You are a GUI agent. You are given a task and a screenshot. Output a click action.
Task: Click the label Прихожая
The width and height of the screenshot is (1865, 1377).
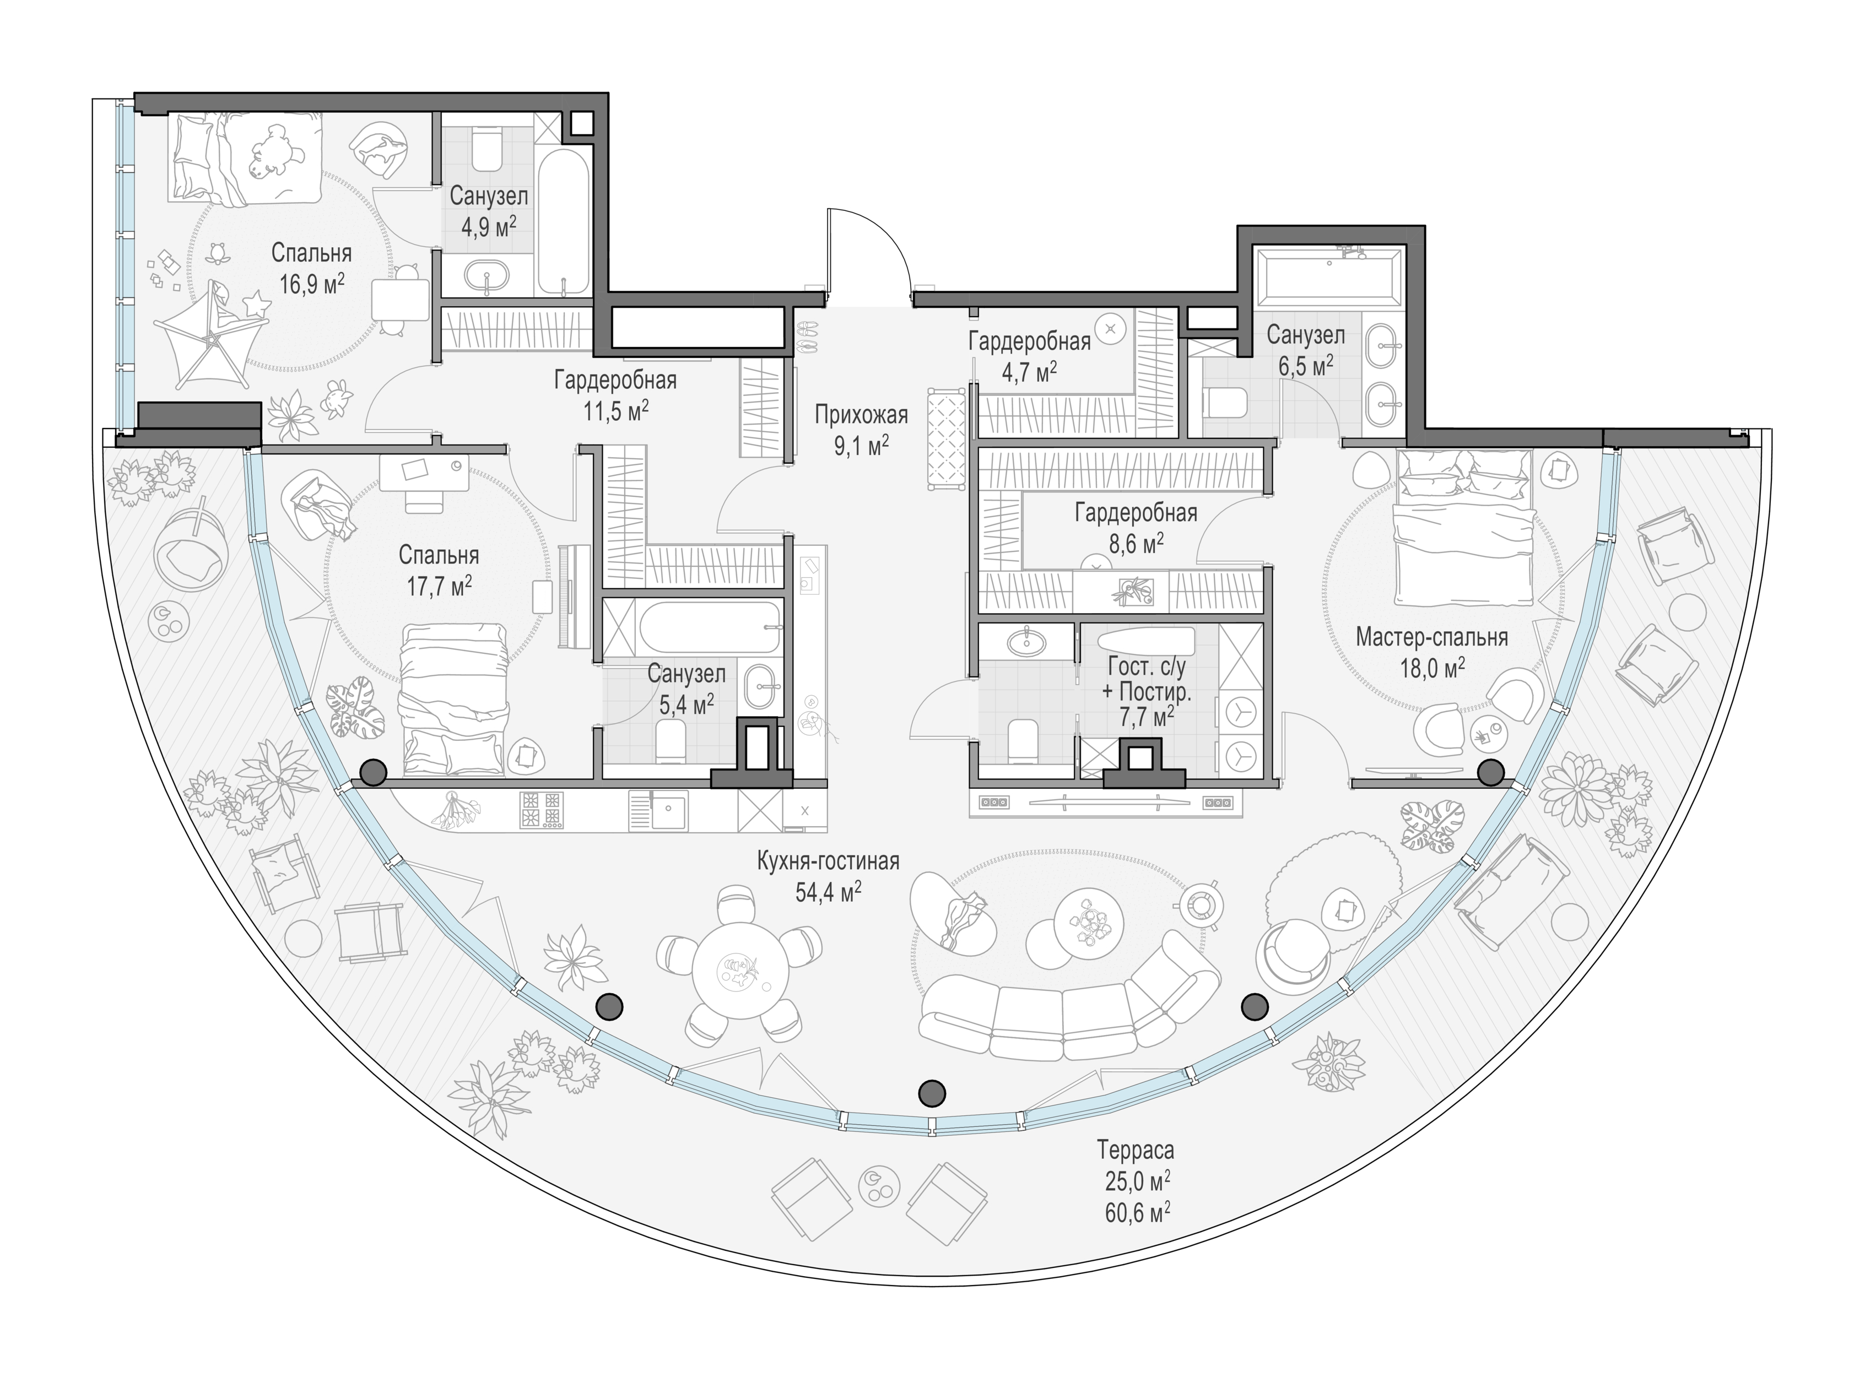coord(861,414)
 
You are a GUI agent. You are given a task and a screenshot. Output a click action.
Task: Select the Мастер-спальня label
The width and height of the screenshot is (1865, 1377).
coord(1431,638)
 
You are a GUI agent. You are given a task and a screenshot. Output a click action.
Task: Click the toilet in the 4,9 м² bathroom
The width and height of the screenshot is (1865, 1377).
coord(487,149)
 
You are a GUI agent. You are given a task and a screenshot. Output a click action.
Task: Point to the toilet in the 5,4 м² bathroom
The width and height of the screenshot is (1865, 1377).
coord(671,741)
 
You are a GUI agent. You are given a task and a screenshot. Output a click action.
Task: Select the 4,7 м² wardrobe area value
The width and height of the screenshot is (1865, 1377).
coord(1030,372)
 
